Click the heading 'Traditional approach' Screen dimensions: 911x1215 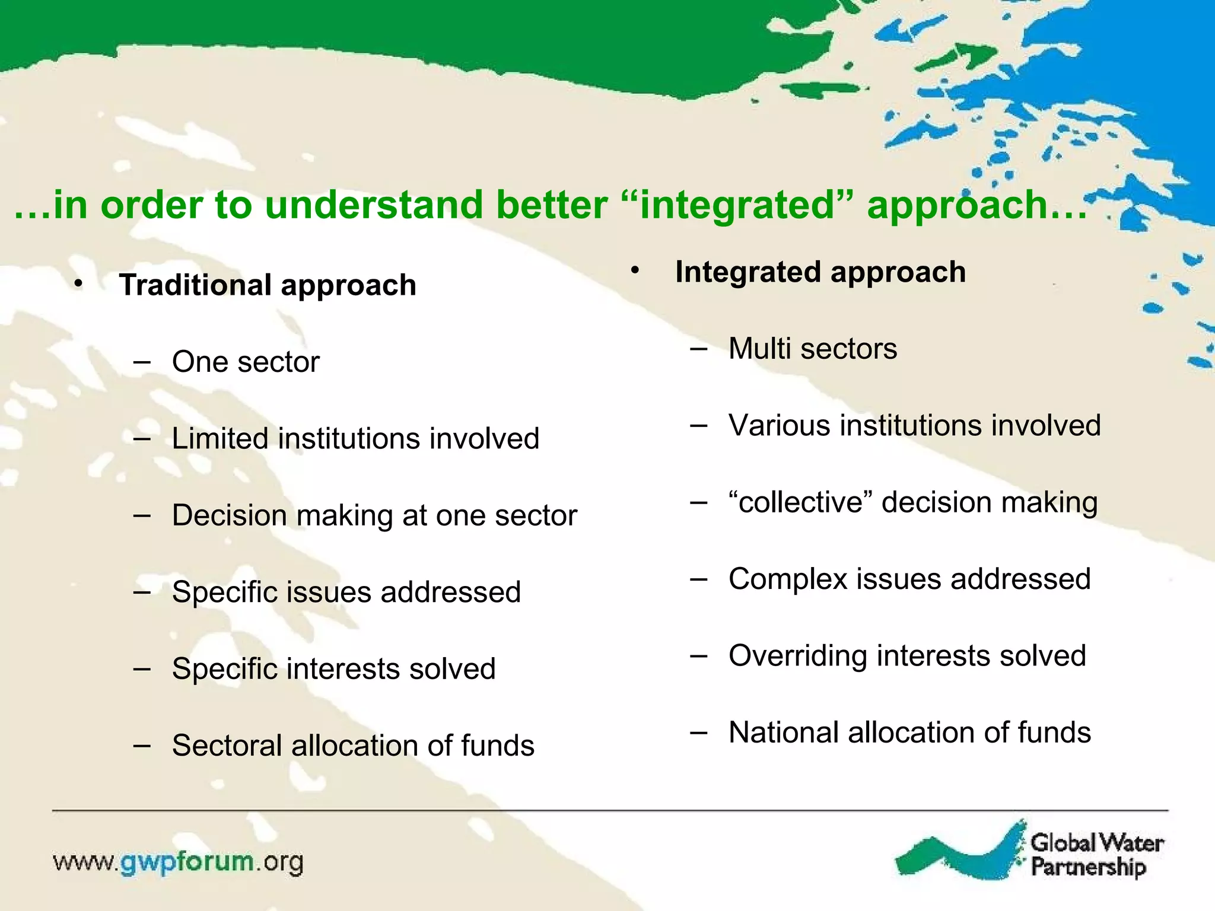(x=268, y=285)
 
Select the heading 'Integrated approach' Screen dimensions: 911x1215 (x=820, y=272)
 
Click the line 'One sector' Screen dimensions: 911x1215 (x=246, y=362)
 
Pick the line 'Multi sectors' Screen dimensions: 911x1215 (x=812, y=349)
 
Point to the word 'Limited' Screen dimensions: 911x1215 (x=220, y=439)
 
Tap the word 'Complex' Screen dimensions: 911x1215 (x=788, y=579)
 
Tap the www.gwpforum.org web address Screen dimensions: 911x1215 (x=178, y=862)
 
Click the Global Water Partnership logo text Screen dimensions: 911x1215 (x=1096, y=855)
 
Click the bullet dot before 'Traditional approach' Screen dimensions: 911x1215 (x=79, y=284)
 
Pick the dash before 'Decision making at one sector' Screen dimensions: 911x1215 (x=142, y=515)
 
